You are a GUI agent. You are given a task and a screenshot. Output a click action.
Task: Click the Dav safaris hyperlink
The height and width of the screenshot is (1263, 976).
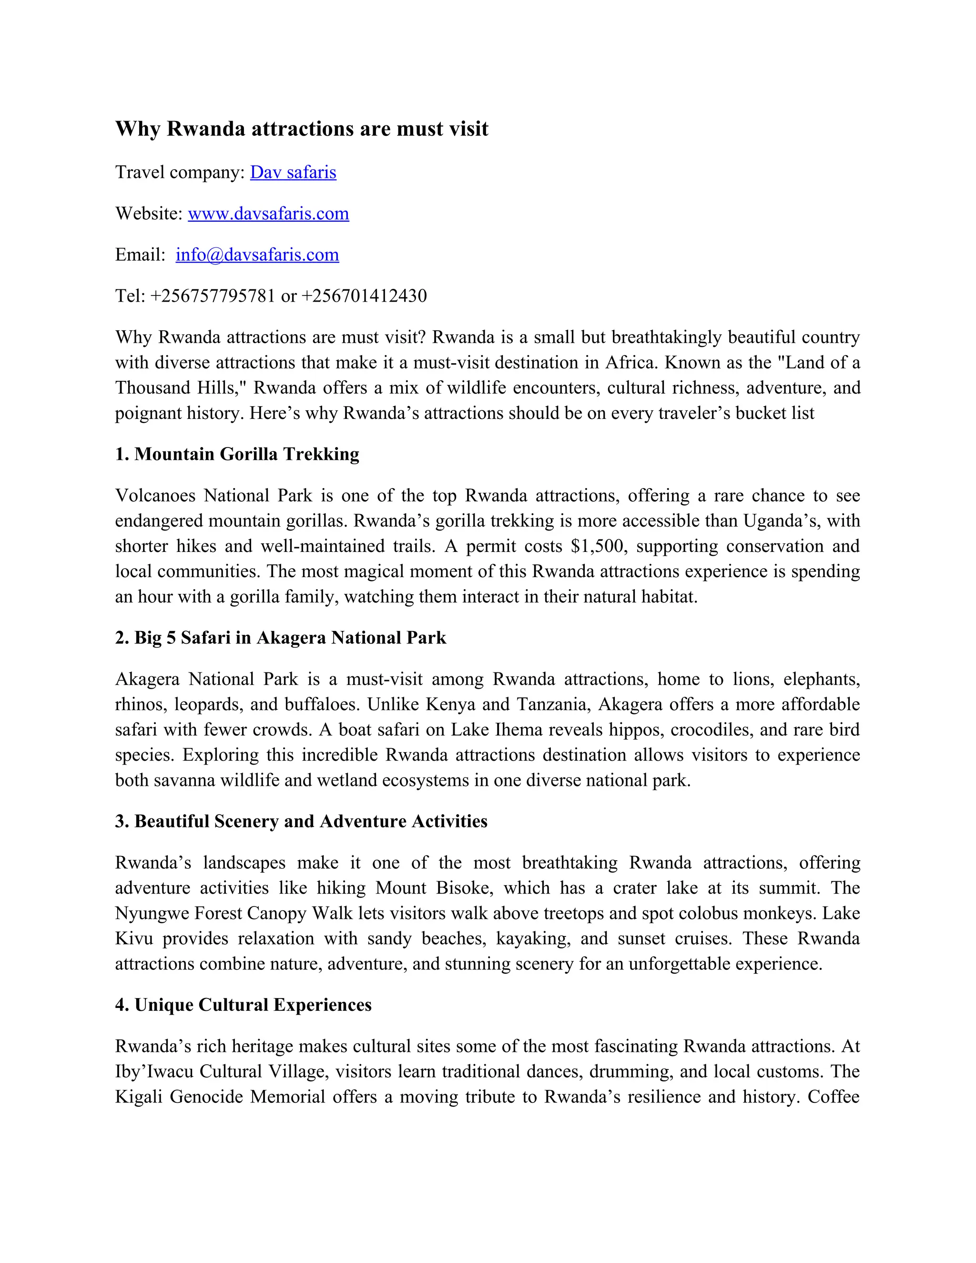click(x=293, y=173)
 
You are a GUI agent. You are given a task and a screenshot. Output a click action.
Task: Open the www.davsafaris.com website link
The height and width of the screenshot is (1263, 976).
click(x=268, y=214)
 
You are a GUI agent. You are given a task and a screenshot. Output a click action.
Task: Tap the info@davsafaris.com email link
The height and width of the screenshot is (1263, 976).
click(x=257, y=255)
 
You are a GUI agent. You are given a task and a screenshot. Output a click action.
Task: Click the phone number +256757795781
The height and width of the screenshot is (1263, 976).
click(x=213, y=295)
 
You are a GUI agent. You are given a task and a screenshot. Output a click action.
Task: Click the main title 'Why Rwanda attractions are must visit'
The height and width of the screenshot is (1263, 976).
click(x=301, y=128)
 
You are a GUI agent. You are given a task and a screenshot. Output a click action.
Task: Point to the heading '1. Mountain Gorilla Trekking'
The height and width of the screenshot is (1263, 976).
click(x=237, y=454)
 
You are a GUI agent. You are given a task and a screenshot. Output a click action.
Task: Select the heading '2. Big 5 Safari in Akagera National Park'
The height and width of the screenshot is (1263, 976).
click(x=280, y=637)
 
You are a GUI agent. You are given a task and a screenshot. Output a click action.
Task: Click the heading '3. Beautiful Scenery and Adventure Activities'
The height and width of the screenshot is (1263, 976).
click(x=301, y=821)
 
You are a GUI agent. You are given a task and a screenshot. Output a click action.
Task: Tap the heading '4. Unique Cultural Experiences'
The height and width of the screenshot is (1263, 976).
click(x=244, y=1005)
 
